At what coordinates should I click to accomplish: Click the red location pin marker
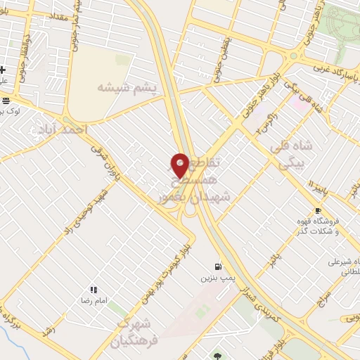click(180, 165)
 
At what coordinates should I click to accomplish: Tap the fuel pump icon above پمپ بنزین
click(218, 267)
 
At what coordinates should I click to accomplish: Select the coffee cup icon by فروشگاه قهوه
click(319, 210)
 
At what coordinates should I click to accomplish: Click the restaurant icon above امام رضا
click(93, 289)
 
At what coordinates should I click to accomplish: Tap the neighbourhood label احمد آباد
click(59, 129)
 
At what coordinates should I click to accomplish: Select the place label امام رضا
click(92, 300)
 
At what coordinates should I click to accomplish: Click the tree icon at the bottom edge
click(218, 356)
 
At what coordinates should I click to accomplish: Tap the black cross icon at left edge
click(4, 70)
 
